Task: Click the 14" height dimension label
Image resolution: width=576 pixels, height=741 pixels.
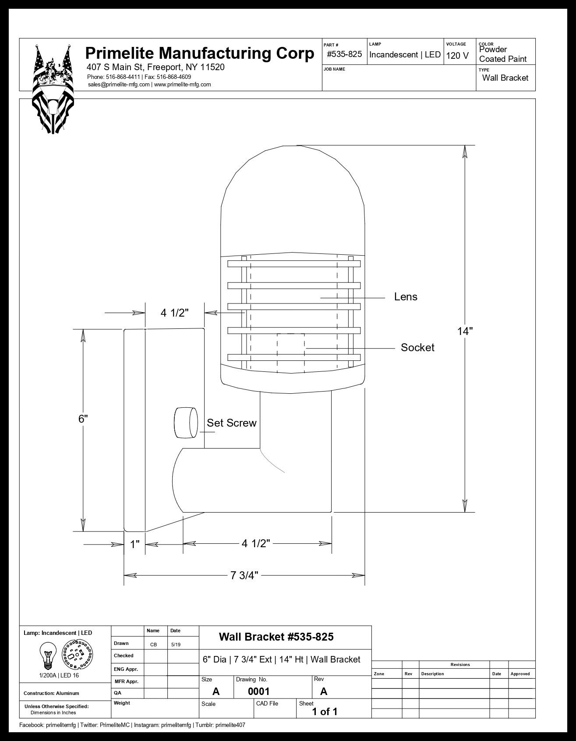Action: click(x=465, y=331)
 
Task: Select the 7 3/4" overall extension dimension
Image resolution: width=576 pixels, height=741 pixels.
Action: click(x=244, y=575)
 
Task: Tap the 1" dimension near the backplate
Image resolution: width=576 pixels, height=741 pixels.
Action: click(x=135, y=545)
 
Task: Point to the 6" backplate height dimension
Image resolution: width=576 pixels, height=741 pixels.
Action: click(x=83, y=419)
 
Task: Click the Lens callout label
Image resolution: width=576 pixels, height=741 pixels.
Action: click(x=406, y=297)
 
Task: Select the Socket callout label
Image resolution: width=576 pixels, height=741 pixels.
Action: click(x=417, y=348)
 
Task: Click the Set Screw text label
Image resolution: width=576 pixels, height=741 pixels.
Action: click(x=231, y=423)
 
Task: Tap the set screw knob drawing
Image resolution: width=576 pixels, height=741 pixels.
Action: click(x=186, y=423)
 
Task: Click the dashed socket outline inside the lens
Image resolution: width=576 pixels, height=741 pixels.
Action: click(x=290, y=353)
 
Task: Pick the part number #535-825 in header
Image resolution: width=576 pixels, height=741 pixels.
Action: click(x=344, y=54)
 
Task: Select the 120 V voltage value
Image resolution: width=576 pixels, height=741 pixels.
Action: click(x=457, y=56)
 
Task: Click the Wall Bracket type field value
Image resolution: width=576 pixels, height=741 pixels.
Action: click(x=505, y=78)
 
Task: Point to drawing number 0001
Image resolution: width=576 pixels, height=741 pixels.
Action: click(x=258, y=691)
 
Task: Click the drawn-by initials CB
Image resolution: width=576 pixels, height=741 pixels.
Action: click(x=153, y=645)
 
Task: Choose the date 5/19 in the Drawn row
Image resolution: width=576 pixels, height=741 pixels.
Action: click(x=175, y=645)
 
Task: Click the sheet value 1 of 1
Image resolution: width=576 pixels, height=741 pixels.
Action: click(x=325, y=712)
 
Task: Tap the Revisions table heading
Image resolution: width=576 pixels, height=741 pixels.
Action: click(x=460, y=665)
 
